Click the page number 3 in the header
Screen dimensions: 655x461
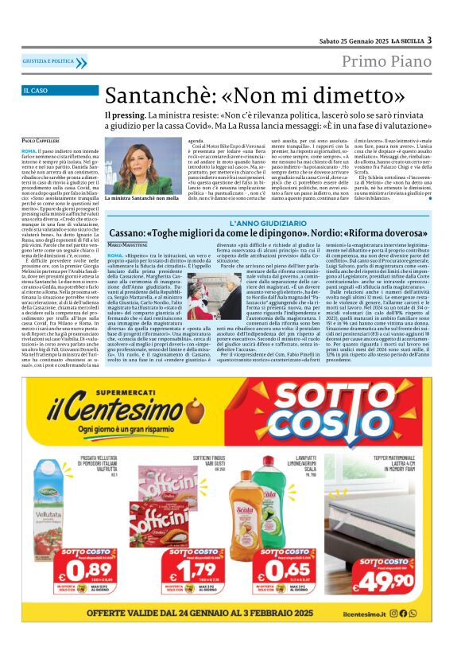pos(429,41)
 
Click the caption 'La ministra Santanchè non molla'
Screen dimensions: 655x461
pos(141,198)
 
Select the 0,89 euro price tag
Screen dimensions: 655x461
pos(74,571)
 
